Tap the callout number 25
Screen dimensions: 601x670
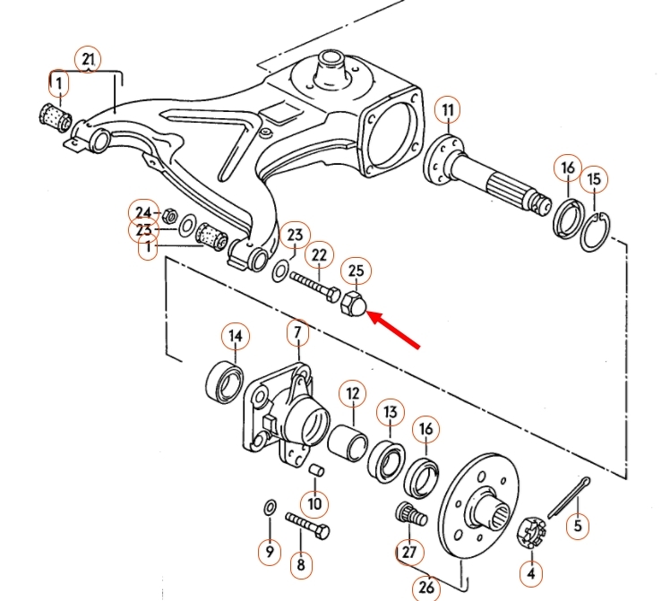point(356,270)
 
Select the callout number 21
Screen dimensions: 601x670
point(87,59)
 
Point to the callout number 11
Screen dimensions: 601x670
point(448,111)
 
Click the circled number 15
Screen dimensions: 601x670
point(595,179)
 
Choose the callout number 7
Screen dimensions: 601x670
point(298,336)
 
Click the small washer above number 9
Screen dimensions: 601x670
point(270,509)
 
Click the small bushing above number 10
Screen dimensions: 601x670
point(314,471)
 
